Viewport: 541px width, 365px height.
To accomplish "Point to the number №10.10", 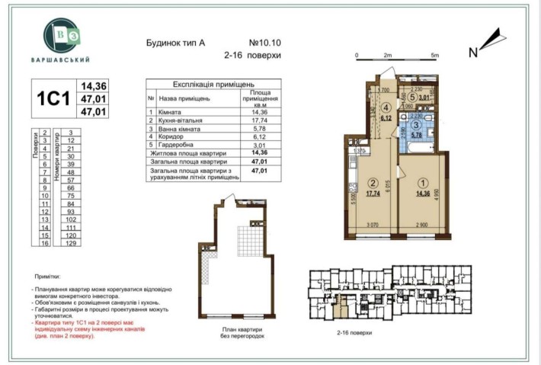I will point(264,43).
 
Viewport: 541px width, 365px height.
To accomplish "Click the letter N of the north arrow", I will point(473,52).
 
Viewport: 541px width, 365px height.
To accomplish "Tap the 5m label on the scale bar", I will point(434,56).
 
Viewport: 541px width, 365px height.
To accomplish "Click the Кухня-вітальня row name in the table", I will point(186,120).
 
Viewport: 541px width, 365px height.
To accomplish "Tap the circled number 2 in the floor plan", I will point(373,183).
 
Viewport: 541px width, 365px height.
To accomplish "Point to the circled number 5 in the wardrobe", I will point(412,97).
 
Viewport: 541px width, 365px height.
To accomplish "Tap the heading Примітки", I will point(50,279).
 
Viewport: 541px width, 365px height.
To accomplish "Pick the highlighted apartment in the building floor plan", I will point(345,308).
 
